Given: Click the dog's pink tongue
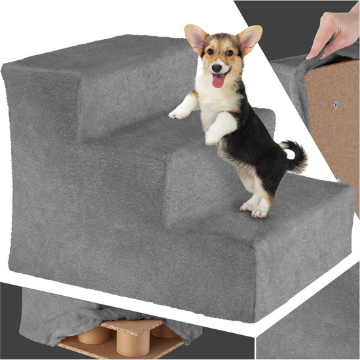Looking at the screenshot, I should [x=218, y=81].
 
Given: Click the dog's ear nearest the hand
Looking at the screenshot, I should [x=249, y=39].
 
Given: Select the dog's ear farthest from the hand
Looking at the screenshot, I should [x=195, y=38].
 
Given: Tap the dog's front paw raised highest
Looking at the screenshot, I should [x=177, y=113].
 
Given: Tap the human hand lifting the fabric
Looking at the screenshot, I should [x=334, y=33].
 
